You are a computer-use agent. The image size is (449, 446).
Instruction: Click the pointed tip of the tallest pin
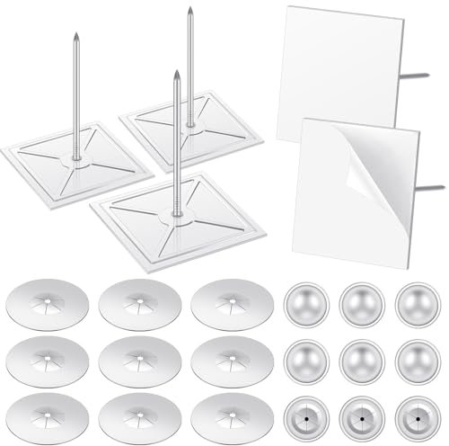tap(189, 10)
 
